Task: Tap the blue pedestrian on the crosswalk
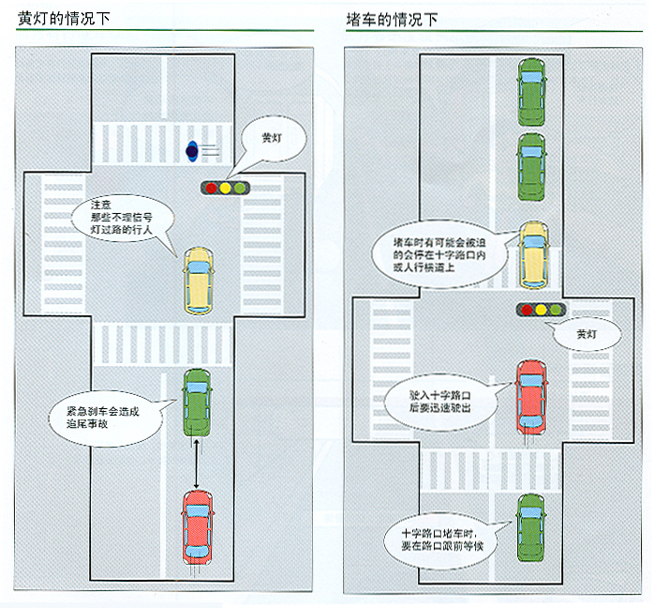point(192,147)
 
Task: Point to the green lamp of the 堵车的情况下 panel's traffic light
point(557,308)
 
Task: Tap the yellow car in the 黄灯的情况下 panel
point(198,280)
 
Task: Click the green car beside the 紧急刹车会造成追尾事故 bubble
point(197,402)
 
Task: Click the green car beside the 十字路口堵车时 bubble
point(531,529)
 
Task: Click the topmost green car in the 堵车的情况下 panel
point(531,92)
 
